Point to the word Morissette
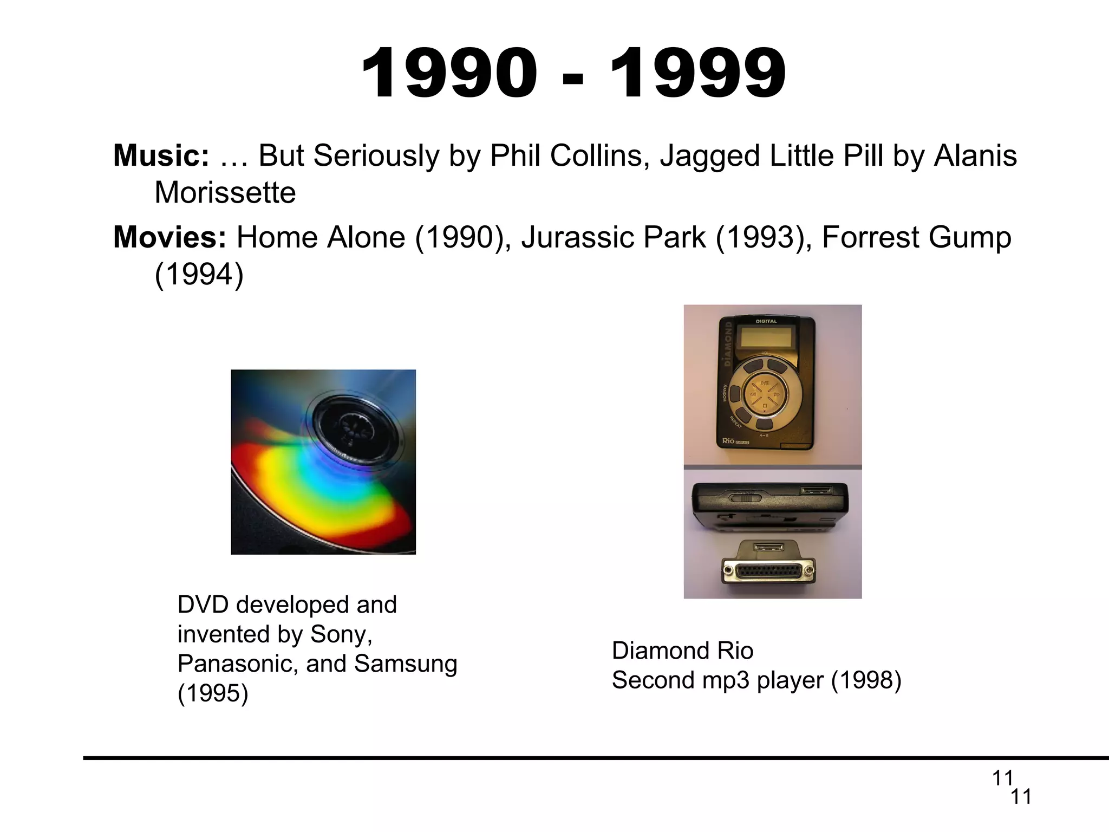point(225,193)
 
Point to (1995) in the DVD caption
point(213,693)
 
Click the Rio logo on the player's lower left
point(729,441)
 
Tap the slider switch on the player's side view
point(746,496)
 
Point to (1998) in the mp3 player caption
point(866,680)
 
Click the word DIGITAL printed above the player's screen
point(766,321)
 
